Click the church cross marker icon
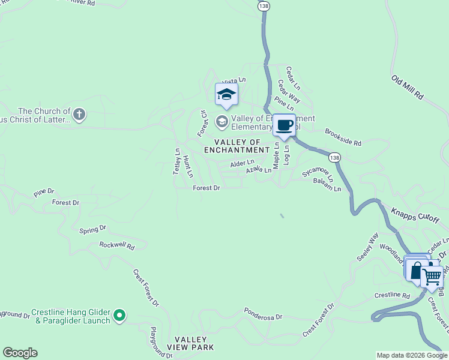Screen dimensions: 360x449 [79, 114]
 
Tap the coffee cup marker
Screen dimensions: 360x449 [285, 125]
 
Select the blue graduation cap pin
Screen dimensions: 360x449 [226, 94]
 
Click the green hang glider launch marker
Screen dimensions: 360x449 [119, 314]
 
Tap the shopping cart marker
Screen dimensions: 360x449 [432, 277]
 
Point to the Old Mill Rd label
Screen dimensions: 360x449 [408, 88]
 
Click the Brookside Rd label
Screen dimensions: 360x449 [343, 139]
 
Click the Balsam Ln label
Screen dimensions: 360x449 [327, 188]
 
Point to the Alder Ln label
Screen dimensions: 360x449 [243, 163]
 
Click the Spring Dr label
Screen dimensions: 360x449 [93, 229]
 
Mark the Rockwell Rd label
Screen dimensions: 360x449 [116, 245]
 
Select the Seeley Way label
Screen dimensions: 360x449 [367, 247]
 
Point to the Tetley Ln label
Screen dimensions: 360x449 [177, 161]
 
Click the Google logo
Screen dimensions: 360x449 [20, 353]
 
